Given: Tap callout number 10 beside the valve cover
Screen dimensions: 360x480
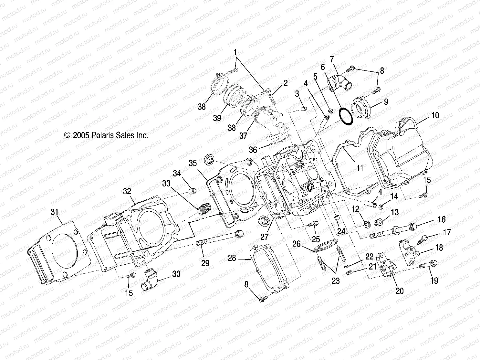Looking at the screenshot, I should (435, 115).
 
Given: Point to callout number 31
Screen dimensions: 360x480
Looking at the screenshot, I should (55, 212).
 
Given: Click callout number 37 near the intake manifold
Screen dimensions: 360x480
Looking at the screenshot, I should (243, 136).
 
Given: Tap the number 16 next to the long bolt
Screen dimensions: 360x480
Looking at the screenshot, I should (441, 220).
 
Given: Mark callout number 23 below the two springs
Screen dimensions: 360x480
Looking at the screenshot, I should (336, 281).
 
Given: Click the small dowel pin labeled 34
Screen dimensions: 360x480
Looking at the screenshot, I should (192, 191).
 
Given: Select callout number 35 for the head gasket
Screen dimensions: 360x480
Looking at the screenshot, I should (193, 163).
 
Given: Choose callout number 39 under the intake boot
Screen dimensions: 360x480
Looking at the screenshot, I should (217, 118).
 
